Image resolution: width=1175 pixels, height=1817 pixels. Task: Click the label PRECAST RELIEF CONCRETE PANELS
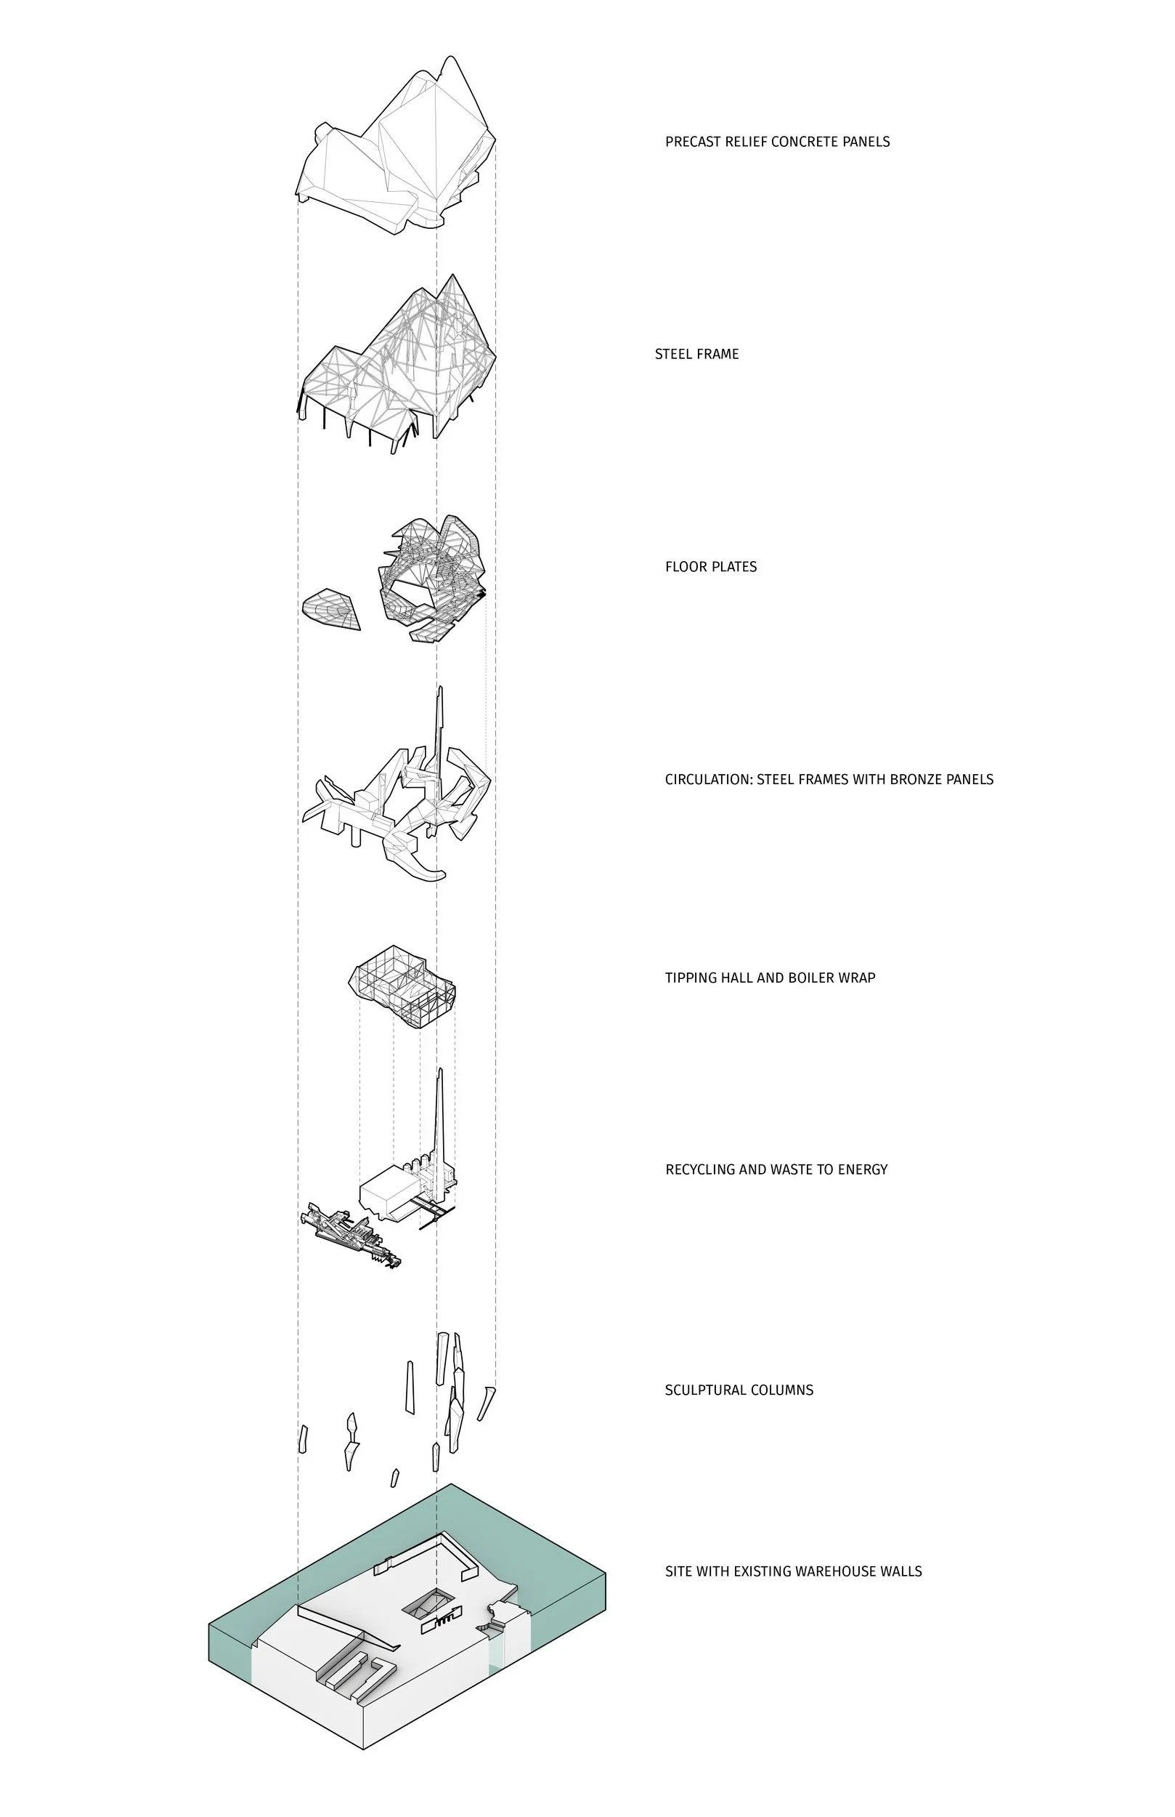777,141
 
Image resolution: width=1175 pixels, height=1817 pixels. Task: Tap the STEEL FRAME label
696,354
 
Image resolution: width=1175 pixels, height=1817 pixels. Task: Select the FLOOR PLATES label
710,566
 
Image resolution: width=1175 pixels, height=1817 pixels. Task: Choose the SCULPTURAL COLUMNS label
739,1390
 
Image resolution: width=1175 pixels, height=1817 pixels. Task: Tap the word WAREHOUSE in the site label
838,1571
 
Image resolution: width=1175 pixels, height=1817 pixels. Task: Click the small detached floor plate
330,608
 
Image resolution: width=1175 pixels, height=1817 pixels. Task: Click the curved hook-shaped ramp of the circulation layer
424,869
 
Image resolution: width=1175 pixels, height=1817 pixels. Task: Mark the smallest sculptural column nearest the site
394,1478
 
